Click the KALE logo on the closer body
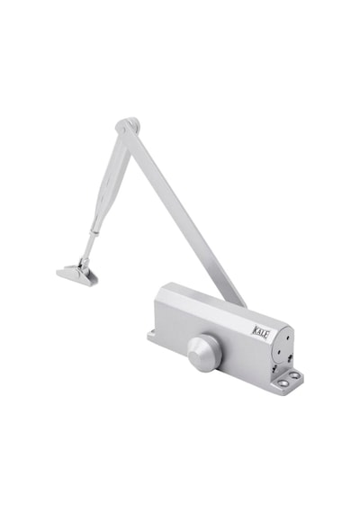[261, 329]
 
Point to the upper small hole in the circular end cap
[288, 337]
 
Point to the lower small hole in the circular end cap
[278, 352]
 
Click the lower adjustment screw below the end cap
[274, 370]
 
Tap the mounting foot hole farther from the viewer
[297, 374]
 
